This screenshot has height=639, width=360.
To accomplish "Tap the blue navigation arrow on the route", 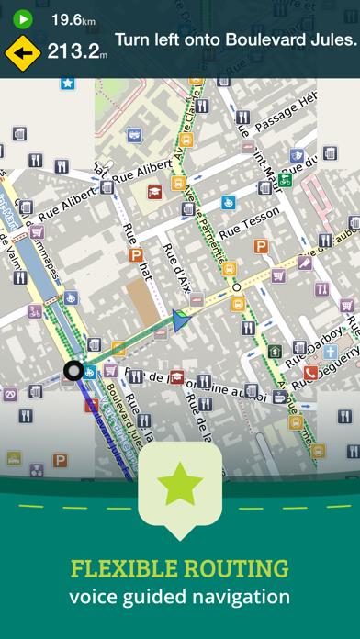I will (180, 319).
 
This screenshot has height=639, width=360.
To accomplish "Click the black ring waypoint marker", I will (73, 371).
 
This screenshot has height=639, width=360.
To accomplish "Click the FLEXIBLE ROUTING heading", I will (180, 567).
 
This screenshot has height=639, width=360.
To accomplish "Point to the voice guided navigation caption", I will (180, 597).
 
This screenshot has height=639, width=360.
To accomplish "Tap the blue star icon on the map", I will (67, 83).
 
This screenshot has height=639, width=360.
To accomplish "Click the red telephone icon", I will (310, 373).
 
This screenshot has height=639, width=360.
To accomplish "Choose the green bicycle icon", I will (286, 181).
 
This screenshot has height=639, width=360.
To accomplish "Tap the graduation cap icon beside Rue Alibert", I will (155, 193).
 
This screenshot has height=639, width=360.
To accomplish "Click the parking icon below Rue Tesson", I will (261, 246).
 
